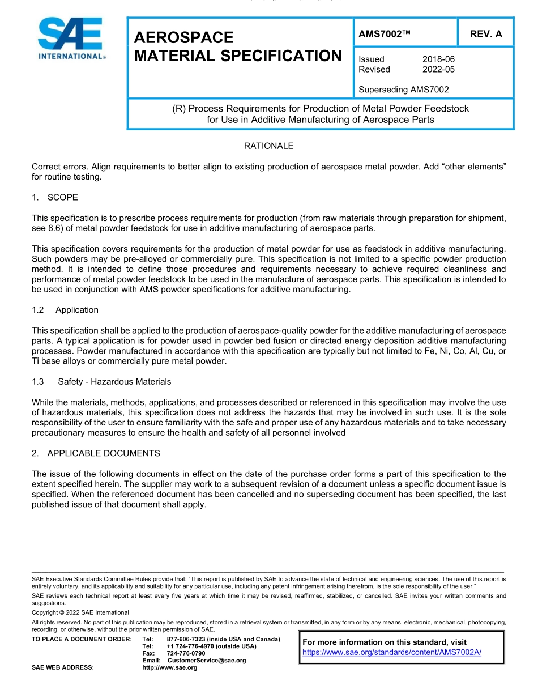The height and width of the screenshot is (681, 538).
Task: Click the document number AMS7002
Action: point(384,34)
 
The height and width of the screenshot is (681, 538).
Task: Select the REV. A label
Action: point(485,34)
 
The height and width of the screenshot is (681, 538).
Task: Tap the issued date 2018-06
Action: point(438,59)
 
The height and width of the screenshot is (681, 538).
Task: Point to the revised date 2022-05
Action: point(438,70)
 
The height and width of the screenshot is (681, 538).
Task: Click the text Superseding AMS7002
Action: point(404,90)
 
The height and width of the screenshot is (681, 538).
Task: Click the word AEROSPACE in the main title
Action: point(183,37)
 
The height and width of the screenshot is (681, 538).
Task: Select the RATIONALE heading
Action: point(268,146)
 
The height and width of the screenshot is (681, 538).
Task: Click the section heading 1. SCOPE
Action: point(55,197)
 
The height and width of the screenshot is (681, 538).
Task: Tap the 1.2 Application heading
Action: point(65,310)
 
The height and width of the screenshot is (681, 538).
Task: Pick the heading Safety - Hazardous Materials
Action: point(114,382)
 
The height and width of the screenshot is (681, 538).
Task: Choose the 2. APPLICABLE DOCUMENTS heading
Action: point(96,453)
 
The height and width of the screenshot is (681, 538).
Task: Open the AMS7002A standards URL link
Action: point(392,652)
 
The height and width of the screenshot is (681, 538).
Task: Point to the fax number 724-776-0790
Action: point(186,653)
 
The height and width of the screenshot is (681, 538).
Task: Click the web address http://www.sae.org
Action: point(169,668)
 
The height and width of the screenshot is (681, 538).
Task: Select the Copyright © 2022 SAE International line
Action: point(80,612)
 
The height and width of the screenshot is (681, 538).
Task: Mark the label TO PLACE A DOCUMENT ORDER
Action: point(82,639)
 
